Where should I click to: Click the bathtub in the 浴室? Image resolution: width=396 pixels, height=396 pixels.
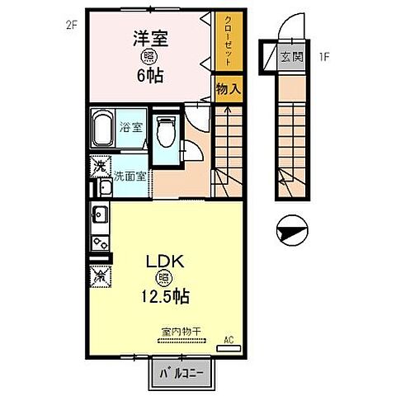pos(103,128)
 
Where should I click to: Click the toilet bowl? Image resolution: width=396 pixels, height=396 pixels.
pos(165,130)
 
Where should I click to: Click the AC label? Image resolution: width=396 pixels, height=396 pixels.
pos(228,337)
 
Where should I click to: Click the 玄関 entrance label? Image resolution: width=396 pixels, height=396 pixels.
pos(291,56)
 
